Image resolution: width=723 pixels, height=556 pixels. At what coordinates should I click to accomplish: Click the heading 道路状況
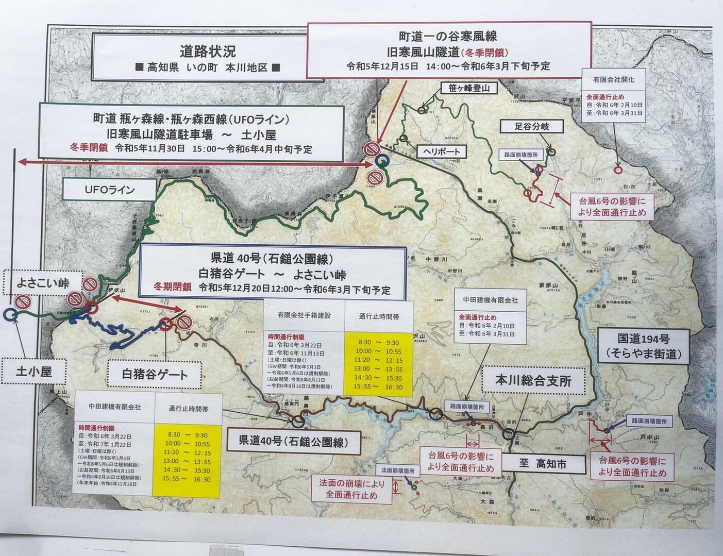[x=208, y=52]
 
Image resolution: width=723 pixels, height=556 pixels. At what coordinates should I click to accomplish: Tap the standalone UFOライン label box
[x=109, y=190]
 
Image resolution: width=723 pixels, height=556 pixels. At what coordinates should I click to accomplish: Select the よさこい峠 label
[x=42, y=282]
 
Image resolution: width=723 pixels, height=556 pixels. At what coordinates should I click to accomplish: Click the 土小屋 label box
[x=34, y=371]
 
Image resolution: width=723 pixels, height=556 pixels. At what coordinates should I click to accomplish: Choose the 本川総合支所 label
[x=533, y=381]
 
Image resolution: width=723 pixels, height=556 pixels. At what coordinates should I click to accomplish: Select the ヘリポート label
[x=439, y=151]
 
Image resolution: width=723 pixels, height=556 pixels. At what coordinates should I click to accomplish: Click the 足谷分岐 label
[x=531, y=126]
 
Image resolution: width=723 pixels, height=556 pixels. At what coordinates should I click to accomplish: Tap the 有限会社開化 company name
[x=614, y=80]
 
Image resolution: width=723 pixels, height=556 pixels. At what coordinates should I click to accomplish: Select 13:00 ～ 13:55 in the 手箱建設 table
[x=378, y=369]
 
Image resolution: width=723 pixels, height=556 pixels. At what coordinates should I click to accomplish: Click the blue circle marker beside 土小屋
[x=9, y=313]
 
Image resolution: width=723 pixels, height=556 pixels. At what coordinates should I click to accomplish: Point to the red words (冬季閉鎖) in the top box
[x=485, y=52]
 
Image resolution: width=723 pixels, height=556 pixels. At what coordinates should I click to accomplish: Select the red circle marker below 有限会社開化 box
[x=618, y=169]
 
